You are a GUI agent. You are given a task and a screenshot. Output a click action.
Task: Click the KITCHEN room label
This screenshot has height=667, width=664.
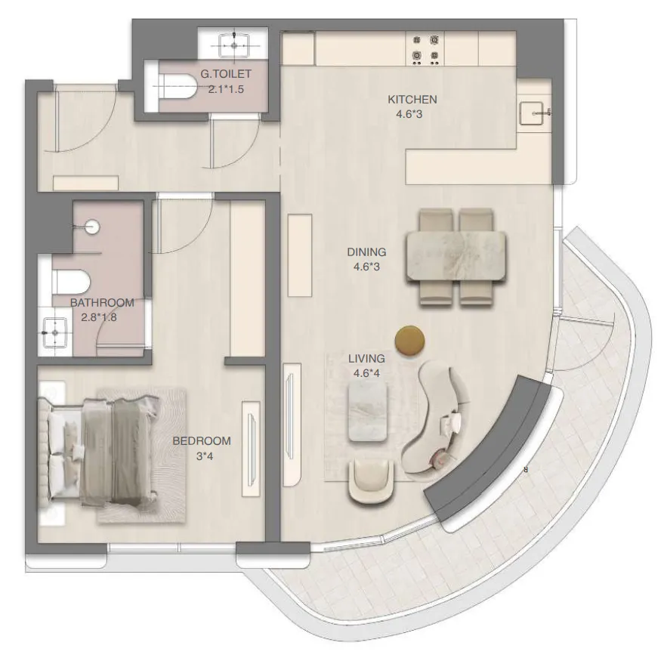click(412, 100)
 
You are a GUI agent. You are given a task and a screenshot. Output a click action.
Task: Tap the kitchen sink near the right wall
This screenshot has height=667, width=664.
click(534, 113)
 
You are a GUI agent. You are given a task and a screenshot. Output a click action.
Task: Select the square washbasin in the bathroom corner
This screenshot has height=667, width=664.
click(54, 332)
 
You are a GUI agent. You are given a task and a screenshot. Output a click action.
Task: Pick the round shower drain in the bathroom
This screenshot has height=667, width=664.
click(92, 224)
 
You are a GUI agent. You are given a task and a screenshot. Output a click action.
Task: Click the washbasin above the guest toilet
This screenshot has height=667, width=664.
click(234, 43)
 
